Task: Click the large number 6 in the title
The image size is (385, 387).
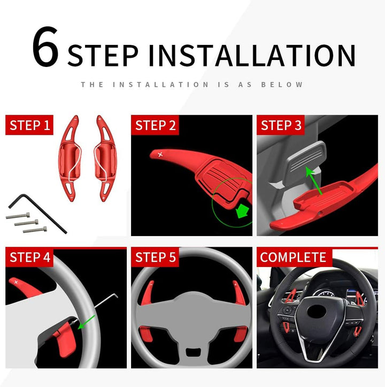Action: (x=45, y=48)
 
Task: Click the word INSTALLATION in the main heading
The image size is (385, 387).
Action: (x=251, y=55)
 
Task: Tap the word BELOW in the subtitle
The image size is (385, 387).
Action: (x=282, y=85)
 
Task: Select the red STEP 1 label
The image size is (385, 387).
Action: (x=30, y=126)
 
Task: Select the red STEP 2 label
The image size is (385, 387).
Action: (x=155, y=126)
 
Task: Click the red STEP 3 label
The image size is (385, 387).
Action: (x=281, y=126)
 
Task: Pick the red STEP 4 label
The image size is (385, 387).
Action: (x=30, y=257)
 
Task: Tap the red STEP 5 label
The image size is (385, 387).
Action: (x=155, y=257)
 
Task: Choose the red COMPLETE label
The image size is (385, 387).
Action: (x=293, y=257)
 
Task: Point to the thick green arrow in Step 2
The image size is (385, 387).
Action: (x=243, y=211)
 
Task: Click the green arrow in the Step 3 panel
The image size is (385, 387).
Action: (x=314, y=179)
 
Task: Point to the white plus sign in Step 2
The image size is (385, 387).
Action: (x=160, y=155)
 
